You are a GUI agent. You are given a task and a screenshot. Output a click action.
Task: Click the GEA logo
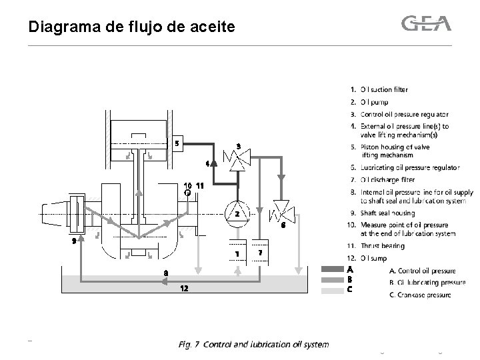426,24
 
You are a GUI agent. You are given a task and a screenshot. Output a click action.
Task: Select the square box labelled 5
176,143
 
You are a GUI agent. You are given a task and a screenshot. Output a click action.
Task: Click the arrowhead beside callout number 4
213,163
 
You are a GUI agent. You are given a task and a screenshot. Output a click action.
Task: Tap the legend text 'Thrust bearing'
383,246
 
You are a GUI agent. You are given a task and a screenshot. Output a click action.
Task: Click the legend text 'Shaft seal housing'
387,213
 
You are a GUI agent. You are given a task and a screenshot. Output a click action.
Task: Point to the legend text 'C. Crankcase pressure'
422,293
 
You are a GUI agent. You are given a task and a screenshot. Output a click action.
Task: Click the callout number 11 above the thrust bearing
198,185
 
